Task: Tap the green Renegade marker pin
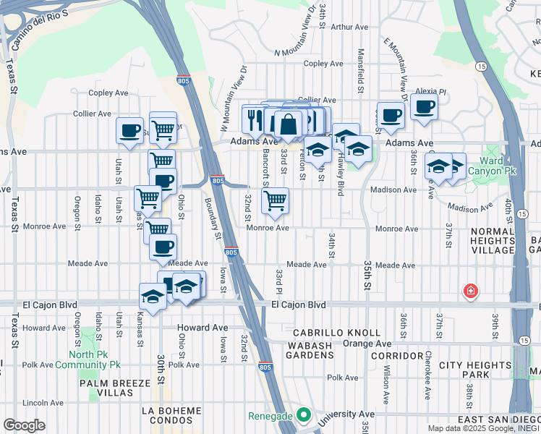(x=304, y=416)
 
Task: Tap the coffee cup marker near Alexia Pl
(x=424, y=108)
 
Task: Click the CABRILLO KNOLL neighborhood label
(x=336, y=333)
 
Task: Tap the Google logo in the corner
(x=24, y=425)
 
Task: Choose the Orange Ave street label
(x=372, y=344)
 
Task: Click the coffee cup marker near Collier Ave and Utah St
(x=129, y=131)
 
